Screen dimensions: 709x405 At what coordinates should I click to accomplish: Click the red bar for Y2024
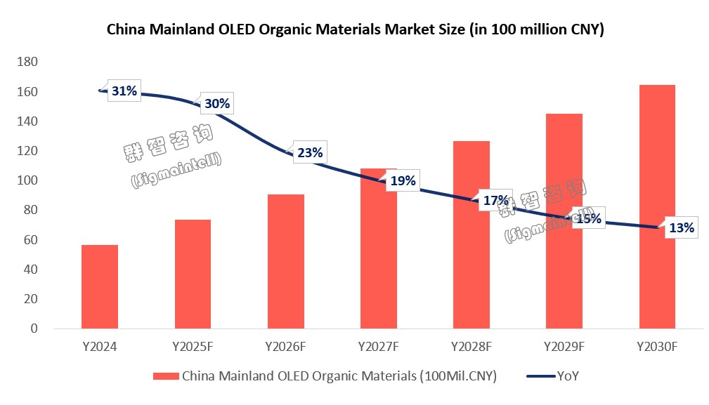coord(100,286)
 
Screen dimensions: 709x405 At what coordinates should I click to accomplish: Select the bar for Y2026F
coord(286,261)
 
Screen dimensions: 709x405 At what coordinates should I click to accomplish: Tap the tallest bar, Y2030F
coord(657,207)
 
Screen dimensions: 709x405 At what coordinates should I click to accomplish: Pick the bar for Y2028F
coord(471,234)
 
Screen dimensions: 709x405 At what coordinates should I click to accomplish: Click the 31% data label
coord(124,91)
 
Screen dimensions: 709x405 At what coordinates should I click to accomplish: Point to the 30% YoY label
coord(217,103)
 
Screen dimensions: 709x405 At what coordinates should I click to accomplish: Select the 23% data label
coord(310,152)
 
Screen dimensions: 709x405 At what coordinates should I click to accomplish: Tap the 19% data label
coord(403,180)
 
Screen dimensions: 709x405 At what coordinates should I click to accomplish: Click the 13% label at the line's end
coord(682,227)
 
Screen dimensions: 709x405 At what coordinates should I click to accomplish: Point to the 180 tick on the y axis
coord(27,62)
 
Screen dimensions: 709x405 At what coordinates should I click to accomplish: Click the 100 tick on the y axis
coord(27,180)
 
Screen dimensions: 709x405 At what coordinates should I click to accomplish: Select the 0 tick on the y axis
coord(34,328)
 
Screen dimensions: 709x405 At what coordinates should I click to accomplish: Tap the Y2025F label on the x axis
coord(193,347)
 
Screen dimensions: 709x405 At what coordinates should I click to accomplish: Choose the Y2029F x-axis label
coord(564,347)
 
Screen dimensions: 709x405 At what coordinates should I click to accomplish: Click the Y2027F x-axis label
coord(379,347)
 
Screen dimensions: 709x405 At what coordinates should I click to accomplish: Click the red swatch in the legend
coord(166,376)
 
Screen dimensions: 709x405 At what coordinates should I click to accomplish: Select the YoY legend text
coord(568,376)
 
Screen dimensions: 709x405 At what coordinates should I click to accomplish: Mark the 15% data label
coord(589,219)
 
